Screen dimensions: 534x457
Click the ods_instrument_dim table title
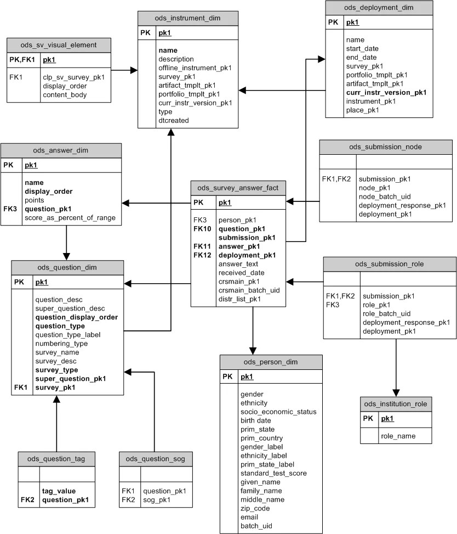[x=188, y=18]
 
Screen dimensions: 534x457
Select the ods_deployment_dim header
[x=379, y=8]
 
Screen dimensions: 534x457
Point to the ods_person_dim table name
[x=271, y=362]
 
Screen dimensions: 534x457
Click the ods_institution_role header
[x=396, y=404]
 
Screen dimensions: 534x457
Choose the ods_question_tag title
[x=56, y=459]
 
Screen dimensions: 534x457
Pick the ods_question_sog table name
[x=156, y=459]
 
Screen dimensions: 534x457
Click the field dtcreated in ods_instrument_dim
[x=173, y=120]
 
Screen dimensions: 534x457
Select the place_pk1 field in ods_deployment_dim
[x=362, y=110]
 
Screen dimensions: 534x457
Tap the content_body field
[x=65, y=94]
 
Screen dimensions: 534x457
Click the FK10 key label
[x=202, y=229]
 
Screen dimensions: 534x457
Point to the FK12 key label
[x=202, y=255]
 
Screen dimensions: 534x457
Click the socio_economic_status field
[x=278, y=412]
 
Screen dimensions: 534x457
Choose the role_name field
[x=398, y=436]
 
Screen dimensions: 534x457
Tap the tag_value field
[x=59, y=491]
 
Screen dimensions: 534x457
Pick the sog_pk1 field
[x=156, y=499]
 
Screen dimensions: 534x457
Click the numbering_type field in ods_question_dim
[x=61, y=344]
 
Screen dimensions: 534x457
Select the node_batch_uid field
[x=385, y=196]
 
